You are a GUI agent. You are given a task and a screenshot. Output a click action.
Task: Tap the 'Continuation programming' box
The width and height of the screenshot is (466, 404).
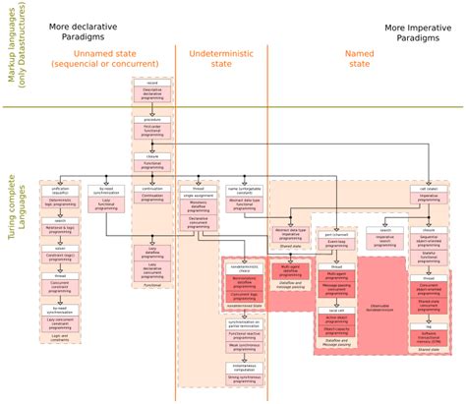[x=152, y=196]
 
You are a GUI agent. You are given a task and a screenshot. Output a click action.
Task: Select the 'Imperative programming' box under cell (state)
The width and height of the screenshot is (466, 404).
[x=403, y=196]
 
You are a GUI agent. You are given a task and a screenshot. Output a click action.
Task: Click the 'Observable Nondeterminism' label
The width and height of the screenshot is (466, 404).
[x=381, y=308]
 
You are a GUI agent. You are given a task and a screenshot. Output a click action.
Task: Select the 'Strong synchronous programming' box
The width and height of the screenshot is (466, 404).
[x=243, y=378]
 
